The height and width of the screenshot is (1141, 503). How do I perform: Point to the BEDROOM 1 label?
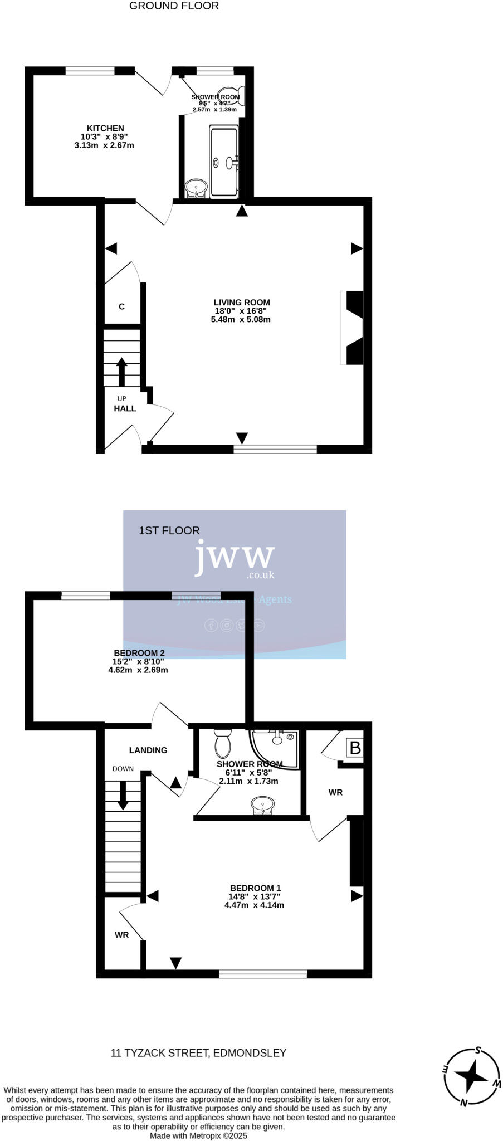tap(255, 888)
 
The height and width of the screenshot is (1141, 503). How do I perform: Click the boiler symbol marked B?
tap(355, 748)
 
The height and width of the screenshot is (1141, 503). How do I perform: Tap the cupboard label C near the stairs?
tap(121, 306)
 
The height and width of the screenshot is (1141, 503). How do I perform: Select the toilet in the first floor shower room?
tap(222, 743)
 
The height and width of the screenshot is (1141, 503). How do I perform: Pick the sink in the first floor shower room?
tap(262, 804)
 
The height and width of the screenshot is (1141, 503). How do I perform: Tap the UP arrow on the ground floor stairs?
tap(121, 370)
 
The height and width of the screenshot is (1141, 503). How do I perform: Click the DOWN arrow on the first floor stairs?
tap(123, 795)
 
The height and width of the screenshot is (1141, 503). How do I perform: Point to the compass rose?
tap(472, 1076)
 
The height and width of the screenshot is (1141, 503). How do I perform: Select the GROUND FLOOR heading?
tap(174, 6)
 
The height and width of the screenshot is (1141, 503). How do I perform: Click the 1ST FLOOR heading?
tap(169, 530)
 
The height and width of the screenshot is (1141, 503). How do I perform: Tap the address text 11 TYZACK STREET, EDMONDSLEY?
tap(198, 1053)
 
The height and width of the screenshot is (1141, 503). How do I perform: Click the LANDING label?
tap(148, 750)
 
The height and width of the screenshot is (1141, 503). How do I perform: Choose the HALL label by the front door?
tap(125, 408)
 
